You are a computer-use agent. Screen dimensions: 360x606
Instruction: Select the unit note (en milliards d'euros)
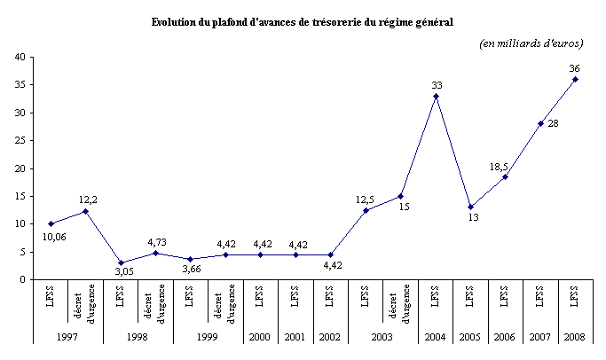click(x=530, y=43)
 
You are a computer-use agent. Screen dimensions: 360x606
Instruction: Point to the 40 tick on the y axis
click(x=18, y=57)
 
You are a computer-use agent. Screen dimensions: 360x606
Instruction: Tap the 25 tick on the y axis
click(x=18, y=140)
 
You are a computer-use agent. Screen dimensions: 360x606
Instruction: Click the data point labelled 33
click(x=436, y=96)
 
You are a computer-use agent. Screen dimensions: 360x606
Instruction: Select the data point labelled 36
click(x=575, y=79)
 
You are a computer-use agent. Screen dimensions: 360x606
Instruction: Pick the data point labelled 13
click(x=470, y=207)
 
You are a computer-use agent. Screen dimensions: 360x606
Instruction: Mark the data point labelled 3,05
click(x=121, y=262)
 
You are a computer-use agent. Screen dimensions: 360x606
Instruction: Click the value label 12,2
click(x=89, y=200)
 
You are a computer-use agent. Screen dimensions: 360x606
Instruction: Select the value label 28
click(x=552, y=122)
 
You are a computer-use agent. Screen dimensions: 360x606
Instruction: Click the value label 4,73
click(x=156, y=242)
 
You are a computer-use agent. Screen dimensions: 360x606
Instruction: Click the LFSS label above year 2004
click(x=436, y=295)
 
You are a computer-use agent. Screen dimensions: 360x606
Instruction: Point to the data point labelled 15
click(x=400, y=196)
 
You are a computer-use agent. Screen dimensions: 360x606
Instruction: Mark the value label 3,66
click(x=193, y=270)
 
